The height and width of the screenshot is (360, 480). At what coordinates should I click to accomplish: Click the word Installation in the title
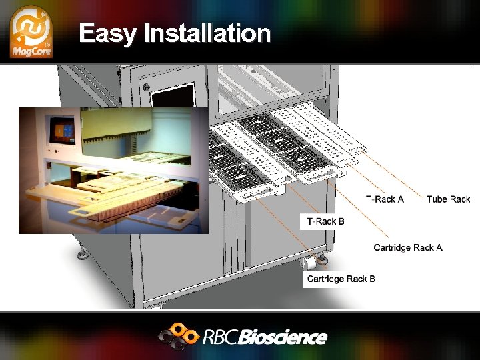[207, 33]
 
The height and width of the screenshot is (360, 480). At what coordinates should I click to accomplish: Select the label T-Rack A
[385, 199]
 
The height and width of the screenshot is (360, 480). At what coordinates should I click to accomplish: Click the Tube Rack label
[448, 199]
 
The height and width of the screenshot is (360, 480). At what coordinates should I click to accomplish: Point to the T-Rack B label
[325, 221]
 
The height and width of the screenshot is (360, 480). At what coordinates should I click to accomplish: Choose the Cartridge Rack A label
[407, 247]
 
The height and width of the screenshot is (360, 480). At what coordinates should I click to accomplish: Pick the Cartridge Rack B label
[340, 279]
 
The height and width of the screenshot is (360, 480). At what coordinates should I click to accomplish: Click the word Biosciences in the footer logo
[283, 337]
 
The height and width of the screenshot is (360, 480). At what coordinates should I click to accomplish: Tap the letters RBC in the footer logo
[221, 337]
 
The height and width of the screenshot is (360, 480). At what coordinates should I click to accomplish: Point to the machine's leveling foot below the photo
[82, 252]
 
